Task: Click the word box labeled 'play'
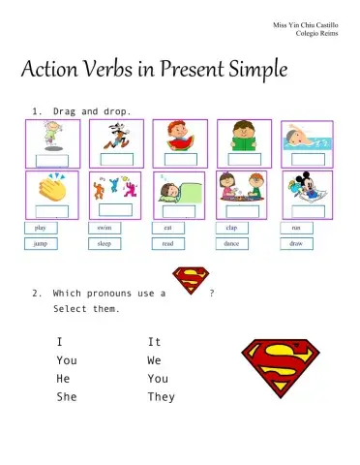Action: point(40,228)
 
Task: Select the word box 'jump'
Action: point(40,244)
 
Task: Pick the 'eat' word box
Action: point(167,228)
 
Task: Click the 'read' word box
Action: point(167,244)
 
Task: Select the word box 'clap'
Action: point(231,228)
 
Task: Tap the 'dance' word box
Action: point(231,244)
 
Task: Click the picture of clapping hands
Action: point(51,187)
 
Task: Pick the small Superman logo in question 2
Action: point(191,282)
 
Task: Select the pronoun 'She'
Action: point(66,397)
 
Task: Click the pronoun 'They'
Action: point(161,397)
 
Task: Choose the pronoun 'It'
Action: point(154,342)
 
